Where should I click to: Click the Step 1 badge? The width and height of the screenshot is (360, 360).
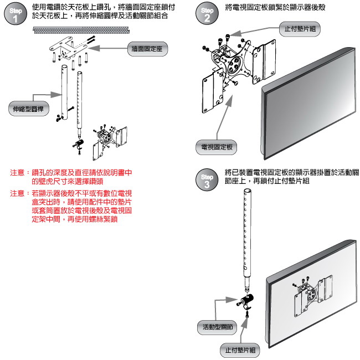(x=15, y=15)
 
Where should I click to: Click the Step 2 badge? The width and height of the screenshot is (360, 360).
(x=207, y=15)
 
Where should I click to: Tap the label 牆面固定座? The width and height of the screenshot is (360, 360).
(x=147, y=49)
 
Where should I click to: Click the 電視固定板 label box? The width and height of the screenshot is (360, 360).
(x=216, y=147)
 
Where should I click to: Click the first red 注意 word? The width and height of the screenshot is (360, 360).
(x=17, y=173)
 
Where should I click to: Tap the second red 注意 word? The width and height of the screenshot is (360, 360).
(x=17, y=193)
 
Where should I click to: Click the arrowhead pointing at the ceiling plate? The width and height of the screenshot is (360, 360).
(x=91, y=48)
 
